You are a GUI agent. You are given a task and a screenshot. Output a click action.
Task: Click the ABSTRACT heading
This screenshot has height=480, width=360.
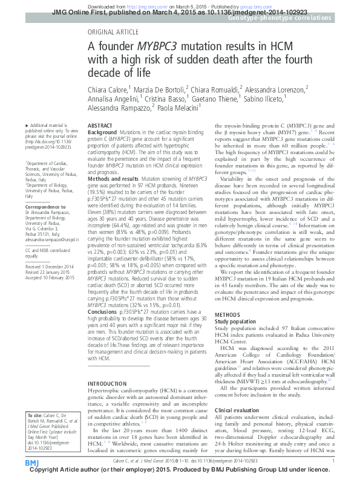point(100,125)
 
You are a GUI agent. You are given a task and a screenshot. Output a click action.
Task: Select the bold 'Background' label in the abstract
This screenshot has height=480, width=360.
point(102,131)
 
